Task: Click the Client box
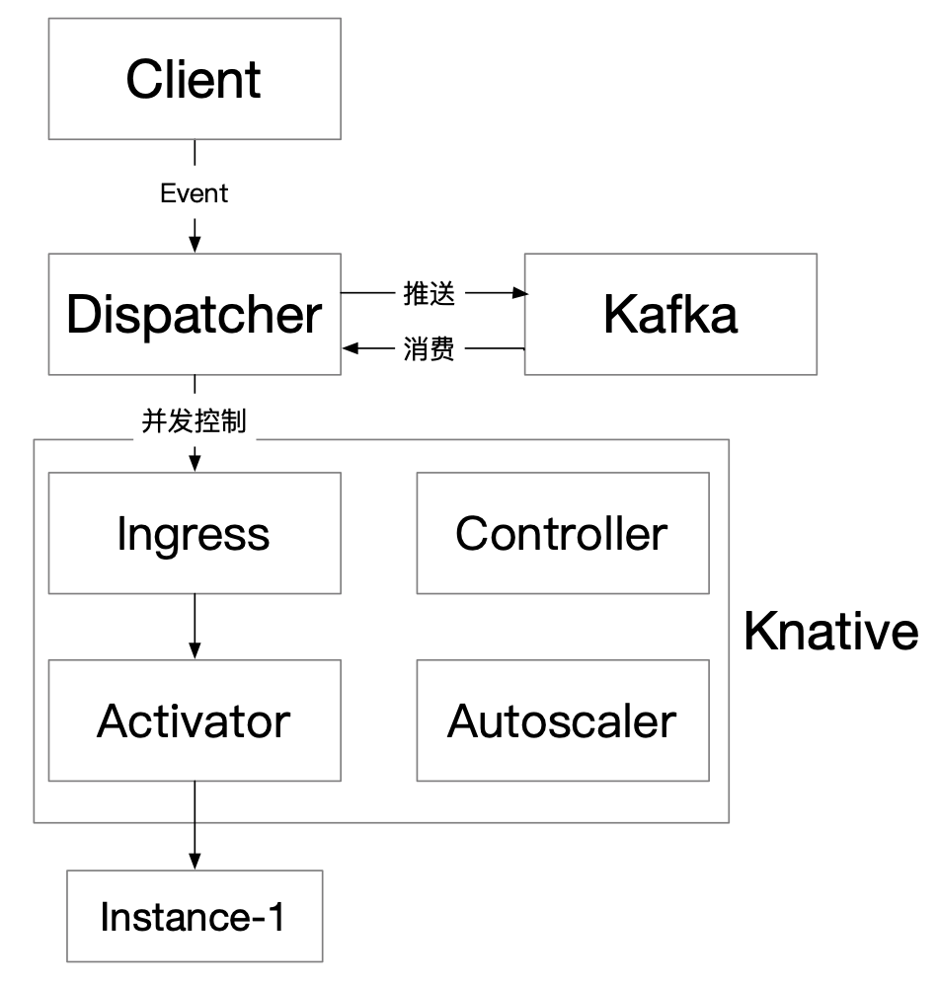point(195,79)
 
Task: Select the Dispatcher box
point(195,314)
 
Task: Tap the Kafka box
point(669,314)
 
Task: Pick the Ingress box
point(195,533)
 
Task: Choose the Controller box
point(562,533)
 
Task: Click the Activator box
point(195,720)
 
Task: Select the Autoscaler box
point(562,720)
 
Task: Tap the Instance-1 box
point(195,916)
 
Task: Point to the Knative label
point(829,631)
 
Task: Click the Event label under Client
point(195,193)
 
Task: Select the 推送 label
point(429,293)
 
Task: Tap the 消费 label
point(429,348)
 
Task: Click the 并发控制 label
point(195,421)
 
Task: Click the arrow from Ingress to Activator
point(195,627)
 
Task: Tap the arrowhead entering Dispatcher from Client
point(195,245)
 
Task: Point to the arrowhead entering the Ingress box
point(195,464)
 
